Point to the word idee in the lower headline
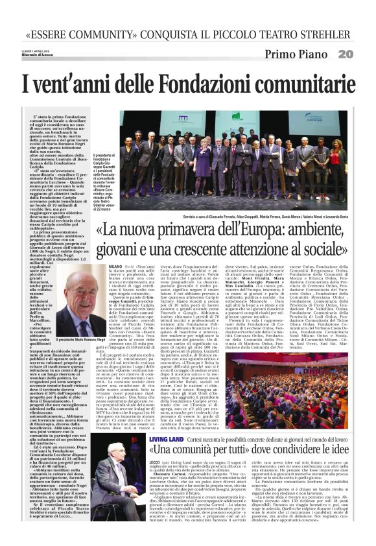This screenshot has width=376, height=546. tap(338, 432)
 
